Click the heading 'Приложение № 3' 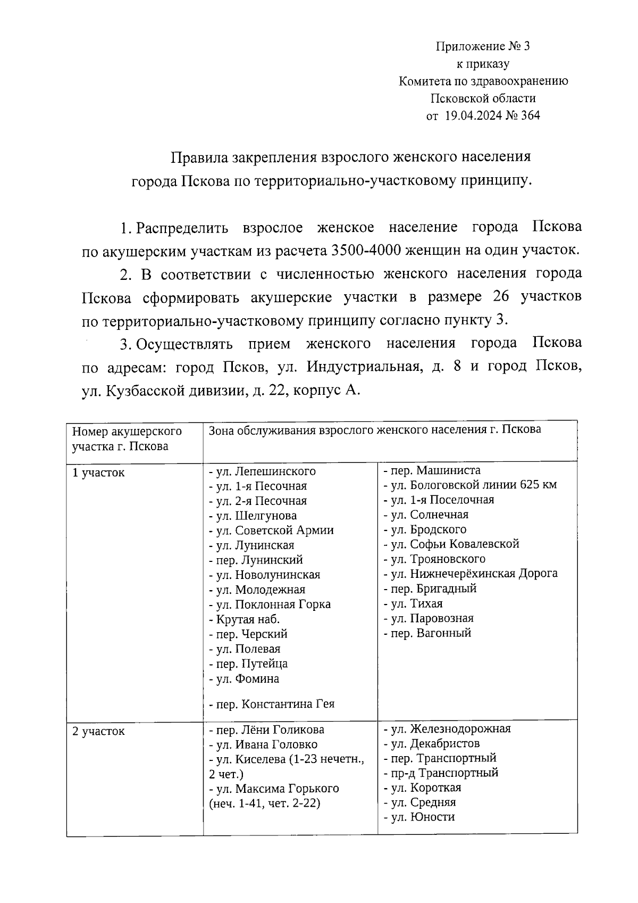(483, 46)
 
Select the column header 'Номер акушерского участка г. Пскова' (127, 438)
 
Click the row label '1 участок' (98, 473)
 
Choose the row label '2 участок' (98, 731)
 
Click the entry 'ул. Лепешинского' (263, 471)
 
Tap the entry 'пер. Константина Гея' (272, 704)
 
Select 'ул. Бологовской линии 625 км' (470, 485)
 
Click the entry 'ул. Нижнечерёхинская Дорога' (471, 574)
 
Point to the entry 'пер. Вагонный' (427, 633)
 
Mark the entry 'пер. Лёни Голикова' (267, 730)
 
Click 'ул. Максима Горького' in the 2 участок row (274, 789)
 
